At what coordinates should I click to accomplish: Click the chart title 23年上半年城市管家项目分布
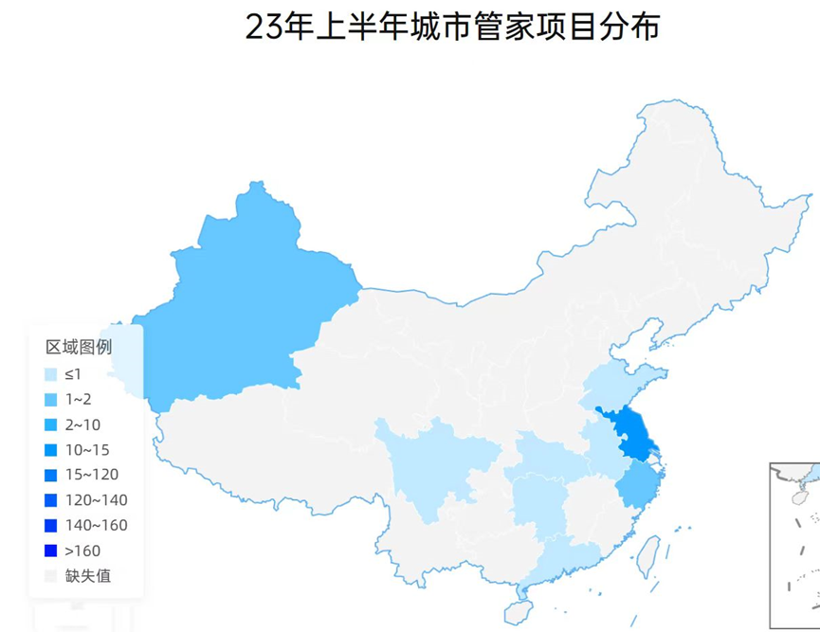tap(452, 27)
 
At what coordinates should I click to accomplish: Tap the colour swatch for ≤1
tap(51, 374)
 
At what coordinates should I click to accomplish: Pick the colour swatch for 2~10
tap(51, 424)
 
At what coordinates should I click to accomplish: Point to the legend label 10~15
tap(87, 449)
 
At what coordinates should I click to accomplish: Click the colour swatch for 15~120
tap(51, 475)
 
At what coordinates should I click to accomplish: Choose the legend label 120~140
tap(96, 500)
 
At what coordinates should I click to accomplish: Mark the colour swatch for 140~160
tap(51, 525)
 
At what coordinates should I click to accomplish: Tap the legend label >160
tap(82, 551)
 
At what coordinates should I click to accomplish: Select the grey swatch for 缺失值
tap(51, 575)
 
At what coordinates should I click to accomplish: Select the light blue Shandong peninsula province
tap(621, 384)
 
